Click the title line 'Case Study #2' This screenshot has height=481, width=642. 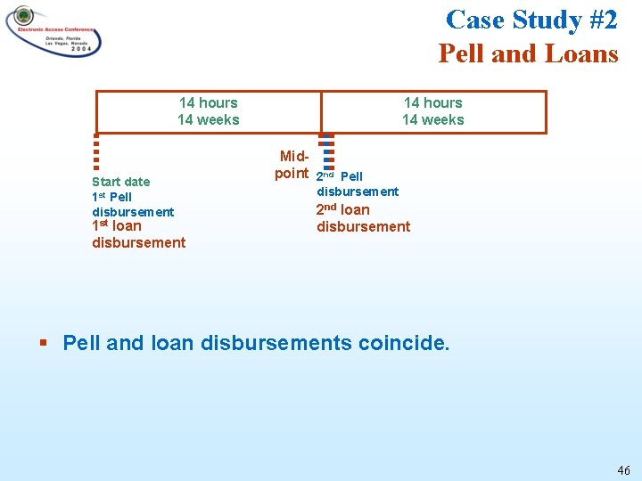point(531,19)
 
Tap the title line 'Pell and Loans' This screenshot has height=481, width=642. point(528,53)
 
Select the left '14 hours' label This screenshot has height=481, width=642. point(208,103)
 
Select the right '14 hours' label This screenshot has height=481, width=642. point(432,103)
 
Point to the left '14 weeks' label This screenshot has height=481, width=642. point(208,120)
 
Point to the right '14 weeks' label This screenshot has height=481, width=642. point(432,120)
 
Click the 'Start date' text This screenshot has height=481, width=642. point(120,182)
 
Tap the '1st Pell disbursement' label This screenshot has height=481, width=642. point(132,204)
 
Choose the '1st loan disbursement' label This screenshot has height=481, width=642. point(138,234)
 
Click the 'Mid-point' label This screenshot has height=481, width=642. point(292,165)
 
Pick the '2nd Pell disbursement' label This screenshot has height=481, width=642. point(357,184)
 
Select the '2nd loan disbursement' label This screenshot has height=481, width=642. point(363,218)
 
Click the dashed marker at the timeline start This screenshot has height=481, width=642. point(95,151)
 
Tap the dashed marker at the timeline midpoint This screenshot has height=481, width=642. point(327,151)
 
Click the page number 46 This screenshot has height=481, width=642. point(622,470)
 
